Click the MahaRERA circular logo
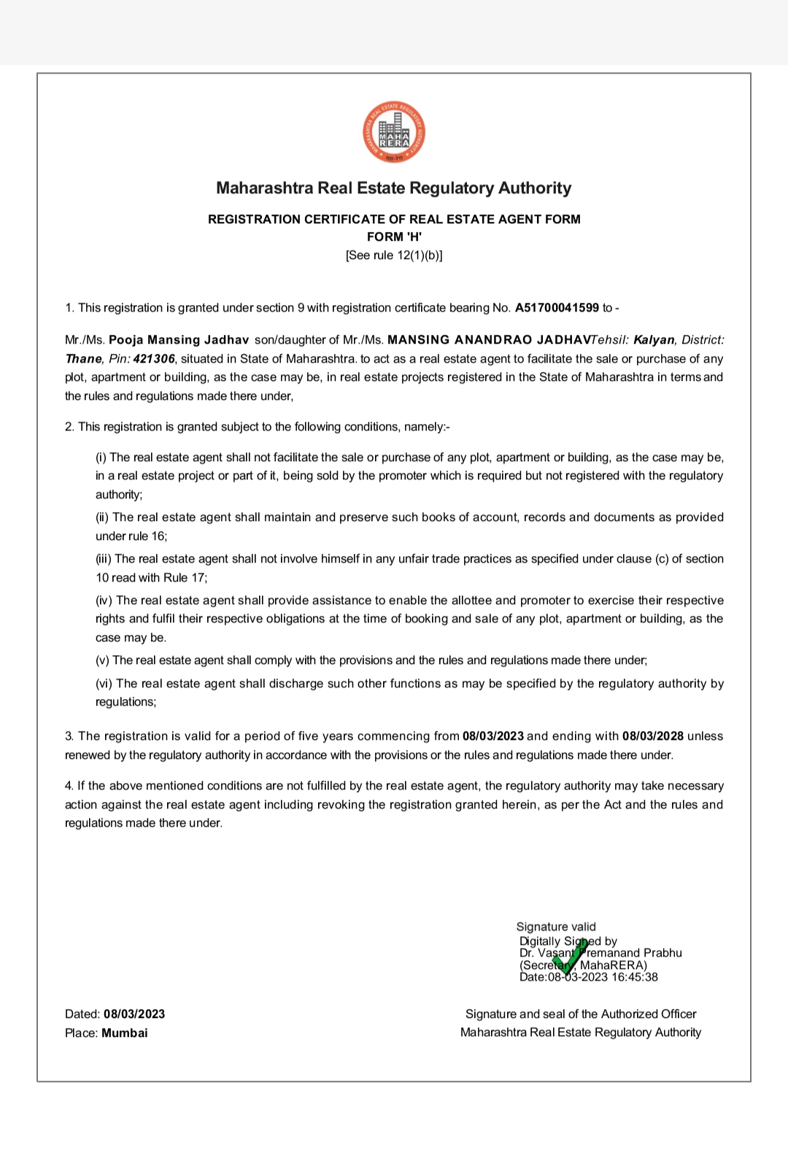point(394,132)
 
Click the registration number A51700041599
point(557,308)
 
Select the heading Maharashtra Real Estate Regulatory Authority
point(394,188)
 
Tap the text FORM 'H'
point(394,236)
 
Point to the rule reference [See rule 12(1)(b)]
point(394,255)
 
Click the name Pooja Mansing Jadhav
point(179,340)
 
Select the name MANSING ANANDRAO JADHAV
point(488,340)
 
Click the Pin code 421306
point(154,359)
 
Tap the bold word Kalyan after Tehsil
point(654,340)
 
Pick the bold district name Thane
point(83,359)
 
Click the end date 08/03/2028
point(653,736)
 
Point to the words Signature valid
point(556,927)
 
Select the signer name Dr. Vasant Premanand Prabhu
point(600,953)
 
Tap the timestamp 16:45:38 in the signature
point(634,977)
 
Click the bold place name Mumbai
point(125,1033)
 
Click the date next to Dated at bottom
point(134,1014)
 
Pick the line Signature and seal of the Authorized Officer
point(581,1014)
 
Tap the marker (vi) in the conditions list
point(104,684)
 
